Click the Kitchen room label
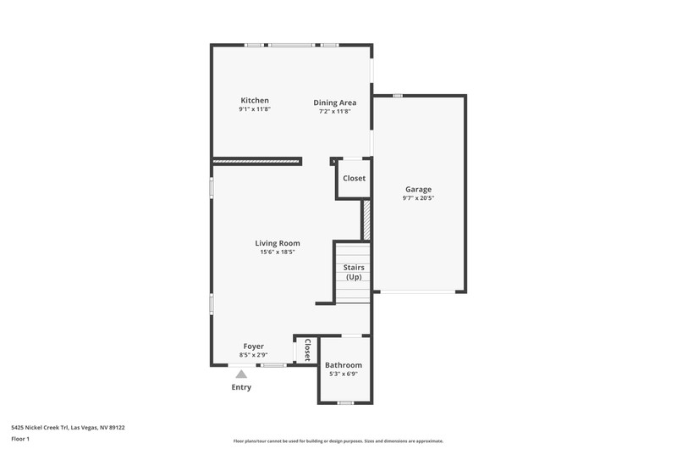[x=255, y=101]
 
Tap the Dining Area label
[x=335, y=103]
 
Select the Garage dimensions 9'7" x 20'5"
[x=418, y=198]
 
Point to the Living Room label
[x=278, y=243]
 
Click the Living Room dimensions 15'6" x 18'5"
[x=278, y=252]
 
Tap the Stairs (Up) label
[x=354, y=272]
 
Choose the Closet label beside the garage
[x=354, y=178]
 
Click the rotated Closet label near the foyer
[x=307, y=350]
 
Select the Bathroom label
[x=344, y=365]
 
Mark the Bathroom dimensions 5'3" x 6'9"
[x=344, y=374]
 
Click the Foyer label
[x=253, y=346]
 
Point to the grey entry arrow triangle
[x=241, y=374]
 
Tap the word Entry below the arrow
[x=241, y=387]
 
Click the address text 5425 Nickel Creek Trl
[x=40, y=428]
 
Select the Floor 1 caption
[x=20, y=439]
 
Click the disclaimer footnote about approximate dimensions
[x=338, y=441]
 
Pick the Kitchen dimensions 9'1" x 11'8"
[x=255, y=109]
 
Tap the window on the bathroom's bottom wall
[x=345, y=402]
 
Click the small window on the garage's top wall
[x=398, y=96]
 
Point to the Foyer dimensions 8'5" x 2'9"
[x=253, y=355]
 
